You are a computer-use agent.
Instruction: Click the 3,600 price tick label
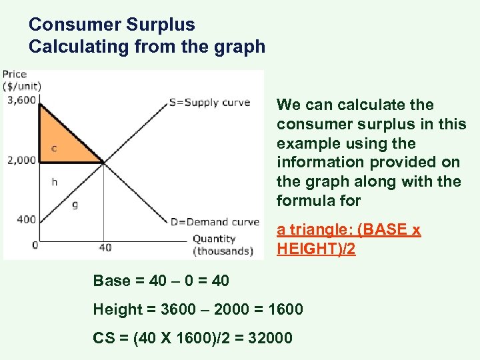(19, 101)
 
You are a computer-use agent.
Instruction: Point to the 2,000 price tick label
(19, 160)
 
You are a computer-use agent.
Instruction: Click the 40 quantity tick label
(105, 247)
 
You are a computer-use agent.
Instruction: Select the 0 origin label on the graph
(35, 245)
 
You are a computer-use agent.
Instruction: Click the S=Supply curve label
(210, 103)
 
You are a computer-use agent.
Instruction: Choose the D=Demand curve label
(214, 222)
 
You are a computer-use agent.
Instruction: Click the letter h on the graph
(54, 181)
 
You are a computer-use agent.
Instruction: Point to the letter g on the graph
(75, 204)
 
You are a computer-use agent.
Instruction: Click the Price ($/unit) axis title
(21, 80)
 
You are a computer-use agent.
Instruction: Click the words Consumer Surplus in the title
(112, 25)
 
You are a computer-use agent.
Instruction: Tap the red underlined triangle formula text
(349, 239)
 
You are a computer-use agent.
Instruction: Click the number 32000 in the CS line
(269, 338)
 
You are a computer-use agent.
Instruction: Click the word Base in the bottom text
(111, 281)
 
